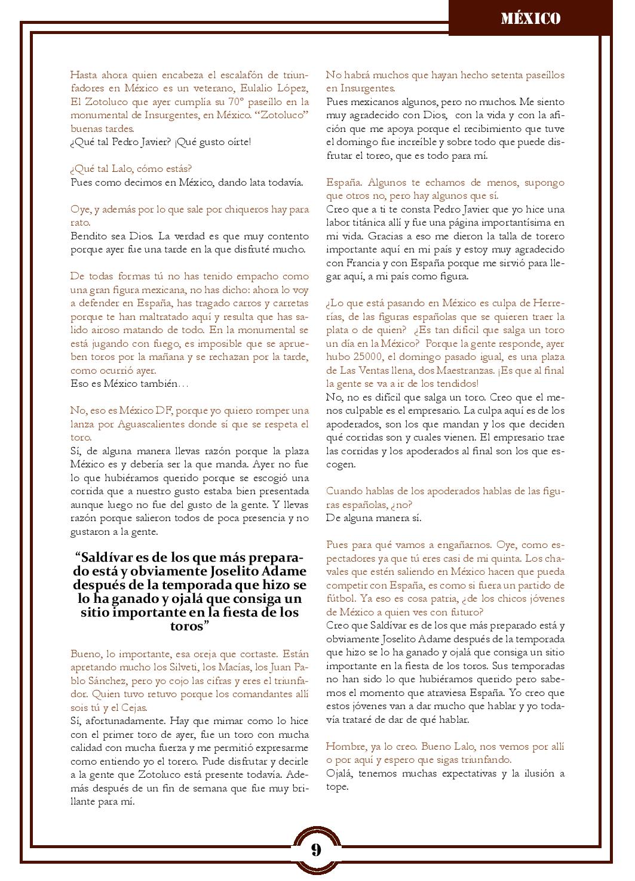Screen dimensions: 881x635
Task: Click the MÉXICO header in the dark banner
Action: tap(530, 19)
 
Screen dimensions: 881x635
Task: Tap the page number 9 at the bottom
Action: tap(316, 849)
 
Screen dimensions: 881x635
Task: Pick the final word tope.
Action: tap(336, 787)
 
